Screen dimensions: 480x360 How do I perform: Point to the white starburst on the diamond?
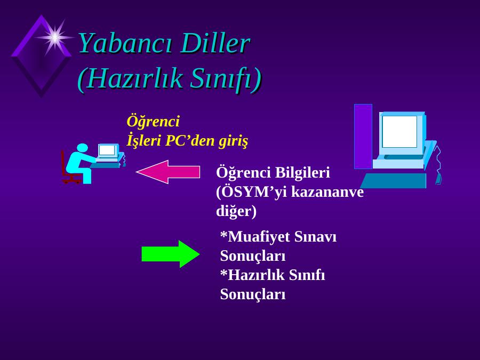[54, 37]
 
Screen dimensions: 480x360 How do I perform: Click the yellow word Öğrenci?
[153, 122]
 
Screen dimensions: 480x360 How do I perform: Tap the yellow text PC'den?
[190, 140]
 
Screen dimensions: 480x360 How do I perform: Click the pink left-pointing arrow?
[168, 172]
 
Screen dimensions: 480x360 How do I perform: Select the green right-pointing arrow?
[171, 254]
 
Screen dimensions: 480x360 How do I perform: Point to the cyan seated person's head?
[82, 148]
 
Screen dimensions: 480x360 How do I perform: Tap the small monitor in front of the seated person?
[108, 152]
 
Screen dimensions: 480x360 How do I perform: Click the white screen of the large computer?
[399, 132]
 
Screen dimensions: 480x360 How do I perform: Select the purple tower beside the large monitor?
[363, 137]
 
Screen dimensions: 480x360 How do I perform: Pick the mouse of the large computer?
[439, 179]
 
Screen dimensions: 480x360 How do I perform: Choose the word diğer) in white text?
[236, 211]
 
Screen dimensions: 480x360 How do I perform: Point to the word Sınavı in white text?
[315, 237]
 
